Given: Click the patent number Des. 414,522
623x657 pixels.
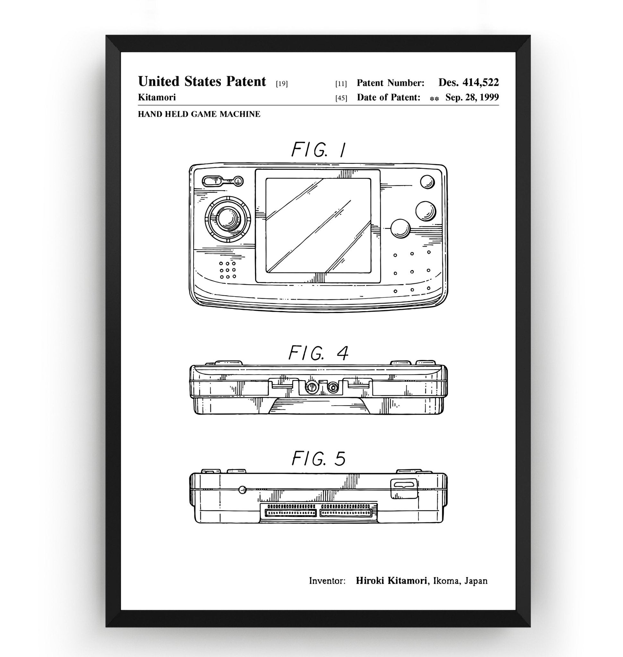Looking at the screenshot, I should [468, 82].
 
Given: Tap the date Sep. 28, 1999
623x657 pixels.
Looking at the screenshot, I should [472, 97].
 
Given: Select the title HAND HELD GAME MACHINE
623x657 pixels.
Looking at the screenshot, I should [199, 114].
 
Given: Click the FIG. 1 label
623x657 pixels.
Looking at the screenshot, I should [318, 150].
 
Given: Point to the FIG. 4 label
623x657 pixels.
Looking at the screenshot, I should [318, 353].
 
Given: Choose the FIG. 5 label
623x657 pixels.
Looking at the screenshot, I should [318, 459].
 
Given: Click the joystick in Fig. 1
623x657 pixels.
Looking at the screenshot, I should [228, 219].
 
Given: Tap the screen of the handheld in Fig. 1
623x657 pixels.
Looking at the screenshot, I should [318, 226].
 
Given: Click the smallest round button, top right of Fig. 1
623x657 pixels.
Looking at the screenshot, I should [427, 182].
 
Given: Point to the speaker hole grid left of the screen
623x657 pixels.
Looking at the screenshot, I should [228, 270].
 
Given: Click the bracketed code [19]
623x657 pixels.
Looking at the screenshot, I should [281, 84].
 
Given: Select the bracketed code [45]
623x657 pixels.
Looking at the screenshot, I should [341, 98].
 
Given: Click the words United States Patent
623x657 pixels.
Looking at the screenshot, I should [202, 81].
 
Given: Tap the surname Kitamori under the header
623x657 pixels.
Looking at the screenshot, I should [157, 97].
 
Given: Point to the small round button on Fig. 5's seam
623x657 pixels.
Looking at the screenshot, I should [243, 489].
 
